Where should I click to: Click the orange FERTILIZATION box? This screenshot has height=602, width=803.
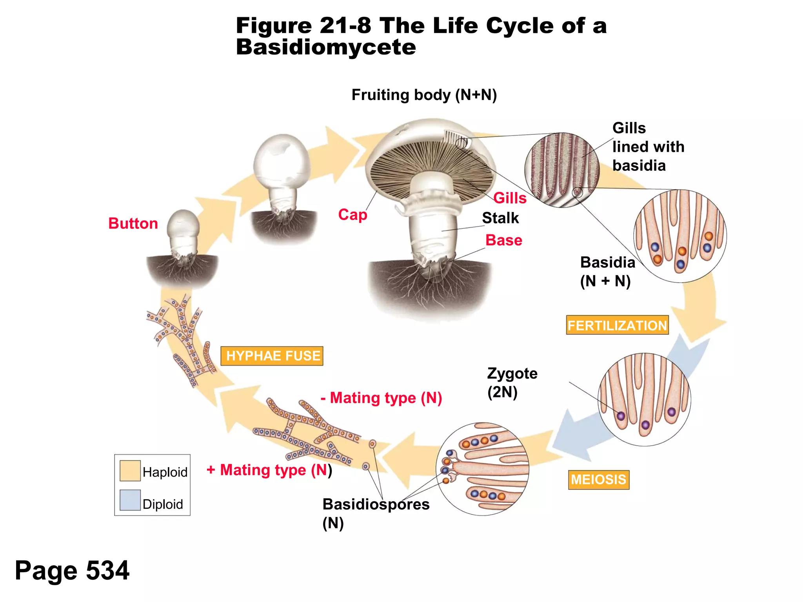click(x=617, y=325)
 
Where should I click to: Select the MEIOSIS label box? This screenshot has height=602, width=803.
click(x=598, y=480)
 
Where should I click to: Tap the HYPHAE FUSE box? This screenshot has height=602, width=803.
click(x=272, y=356)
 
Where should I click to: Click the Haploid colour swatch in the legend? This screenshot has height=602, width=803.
click(x=130, y=470)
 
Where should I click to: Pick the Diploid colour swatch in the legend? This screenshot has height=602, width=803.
click(x=130, y=500)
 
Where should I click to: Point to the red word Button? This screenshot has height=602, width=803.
click(x=133, y=223)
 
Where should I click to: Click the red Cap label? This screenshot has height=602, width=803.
click(x=352, y=215)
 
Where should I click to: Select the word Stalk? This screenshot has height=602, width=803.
click(x=500, y=218)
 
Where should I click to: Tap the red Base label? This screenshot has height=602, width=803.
click(x=503, y=240)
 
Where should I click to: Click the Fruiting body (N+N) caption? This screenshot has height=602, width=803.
click(x=424, y=95)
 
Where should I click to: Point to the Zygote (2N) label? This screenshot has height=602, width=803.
click(x=512, y=383)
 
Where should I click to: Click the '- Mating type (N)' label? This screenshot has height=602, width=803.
click(x=382, y=398)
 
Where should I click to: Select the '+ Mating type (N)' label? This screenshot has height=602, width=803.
click(x=269, y=470)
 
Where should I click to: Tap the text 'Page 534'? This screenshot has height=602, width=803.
click(x=72, y=570)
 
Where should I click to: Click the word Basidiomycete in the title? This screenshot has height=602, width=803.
click(x=326, y=47)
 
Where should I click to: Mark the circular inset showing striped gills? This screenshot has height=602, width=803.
click(x=561, y=170)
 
